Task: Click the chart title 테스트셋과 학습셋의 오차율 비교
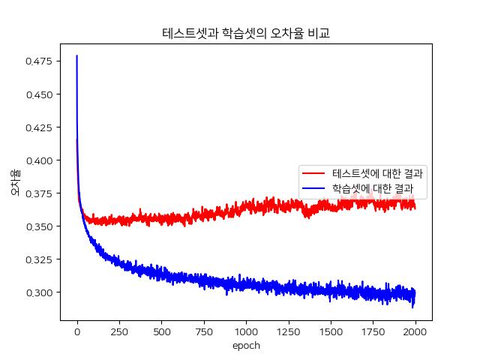point(246,34)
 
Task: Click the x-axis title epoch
point(246,346)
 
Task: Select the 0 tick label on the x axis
point(77,330)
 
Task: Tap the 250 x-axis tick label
point(119,330)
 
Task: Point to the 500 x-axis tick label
point(162,330)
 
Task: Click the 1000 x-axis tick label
point(246,330)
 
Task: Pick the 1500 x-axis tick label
point(331,330)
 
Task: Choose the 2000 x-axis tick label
point(415,330)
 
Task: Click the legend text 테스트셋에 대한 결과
point(378,173)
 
